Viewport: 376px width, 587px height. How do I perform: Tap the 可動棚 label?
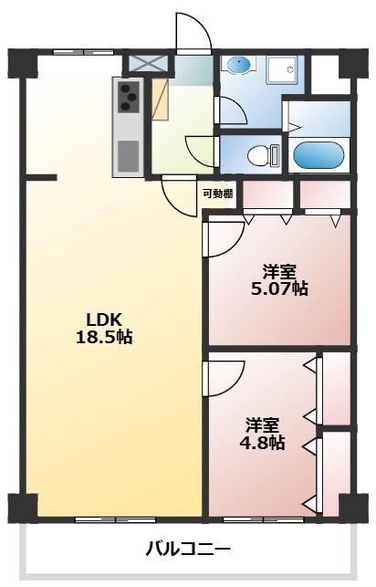tap(217, 194)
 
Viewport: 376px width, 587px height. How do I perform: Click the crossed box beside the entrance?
tap(146, 65)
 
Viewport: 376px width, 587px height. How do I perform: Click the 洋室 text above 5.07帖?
tap(279, 271)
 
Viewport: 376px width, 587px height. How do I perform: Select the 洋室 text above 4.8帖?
tap(262, 425)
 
